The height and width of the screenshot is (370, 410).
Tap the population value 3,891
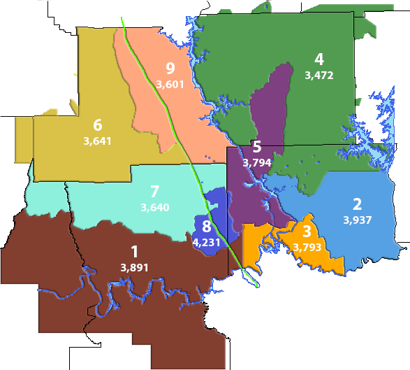tap(134, 267)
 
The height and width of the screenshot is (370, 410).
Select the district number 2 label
tap(357, 204)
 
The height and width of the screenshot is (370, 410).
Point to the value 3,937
tap(358, 220)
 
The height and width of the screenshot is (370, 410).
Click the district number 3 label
tap(307, 232)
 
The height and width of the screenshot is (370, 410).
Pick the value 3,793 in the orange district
tap(307, 247)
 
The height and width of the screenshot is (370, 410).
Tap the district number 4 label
tap(319, 58)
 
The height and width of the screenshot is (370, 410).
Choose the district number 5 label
tap(256, 147)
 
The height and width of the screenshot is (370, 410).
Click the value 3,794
tap(256, 162)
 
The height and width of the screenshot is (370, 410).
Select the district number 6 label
tap(97, 125)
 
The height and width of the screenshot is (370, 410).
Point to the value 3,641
tap(97, 141)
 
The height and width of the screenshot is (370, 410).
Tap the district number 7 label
tap(154, 191)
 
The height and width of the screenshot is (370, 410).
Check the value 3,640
tap(154, 207)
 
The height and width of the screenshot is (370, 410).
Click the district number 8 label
tap(206, 227)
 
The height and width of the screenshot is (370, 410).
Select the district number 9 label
tap(170, 68)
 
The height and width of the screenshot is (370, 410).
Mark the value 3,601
tap(170, 84)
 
